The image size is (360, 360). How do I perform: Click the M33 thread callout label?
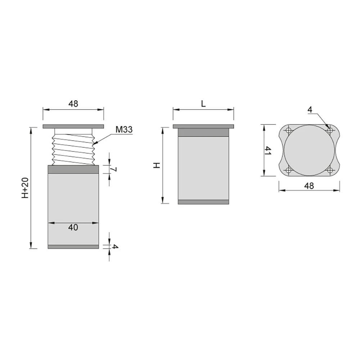point(124,130)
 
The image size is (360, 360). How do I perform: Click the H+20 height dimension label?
point(25,188)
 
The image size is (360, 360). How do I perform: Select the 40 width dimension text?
point(73,227)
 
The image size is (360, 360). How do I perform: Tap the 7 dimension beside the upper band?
point(114,169)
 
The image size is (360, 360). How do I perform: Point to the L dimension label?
point(203,104)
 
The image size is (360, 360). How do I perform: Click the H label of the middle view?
point(157,165)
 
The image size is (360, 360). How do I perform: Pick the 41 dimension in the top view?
point(268,150)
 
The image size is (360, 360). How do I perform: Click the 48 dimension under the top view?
point(309,186)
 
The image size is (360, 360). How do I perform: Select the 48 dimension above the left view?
point(73,104)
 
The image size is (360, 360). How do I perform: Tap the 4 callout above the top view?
point(310,110)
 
